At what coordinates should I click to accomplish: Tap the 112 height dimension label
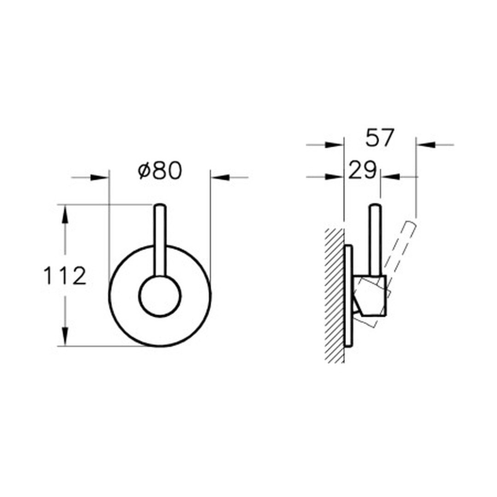tap(65, 276)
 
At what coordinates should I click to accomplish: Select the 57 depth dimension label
tap(379, 138)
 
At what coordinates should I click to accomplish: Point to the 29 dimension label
tap(363, 170)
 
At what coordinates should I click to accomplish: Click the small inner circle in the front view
tap(160, 296)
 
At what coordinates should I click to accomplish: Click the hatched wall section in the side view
tap(335, 295)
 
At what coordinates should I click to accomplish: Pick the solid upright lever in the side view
tap(375, 239)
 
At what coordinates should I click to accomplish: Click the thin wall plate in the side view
tap(348, 296)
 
